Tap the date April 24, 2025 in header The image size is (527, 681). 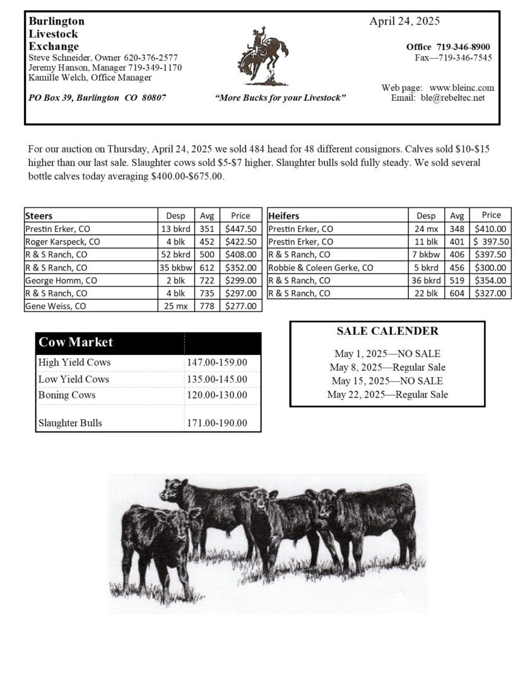point(405,21)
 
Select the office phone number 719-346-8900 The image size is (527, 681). point(463,47)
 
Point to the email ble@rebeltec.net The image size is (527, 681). point(453,98)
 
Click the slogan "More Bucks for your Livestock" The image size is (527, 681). point(280,98)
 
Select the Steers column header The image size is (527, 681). point(39,216)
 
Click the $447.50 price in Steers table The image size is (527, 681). point(240,229)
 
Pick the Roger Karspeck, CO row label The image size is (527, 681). point(62,242)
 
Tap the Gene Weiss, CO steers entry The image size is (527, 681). point(56,306)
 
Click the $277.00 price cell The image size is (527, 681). point(240,306)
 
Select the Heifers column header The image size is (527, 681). point(284,216)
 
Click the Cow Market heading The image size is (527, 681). point(76,342)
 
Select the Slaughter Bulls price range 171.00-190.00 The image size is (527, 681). point(217,423)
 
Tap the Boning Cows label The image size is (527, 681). point(67,395)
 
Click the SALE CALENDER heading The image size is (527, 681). point(387,331)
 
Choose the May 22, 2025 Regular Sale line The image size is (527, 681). point(387,395)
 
